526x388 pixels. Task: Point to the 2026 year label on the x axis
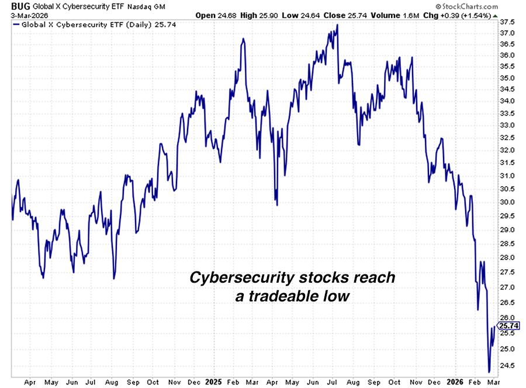pyautogui.click(x=454, y=382)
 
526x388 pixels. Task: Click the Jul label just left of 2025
pyautogui.click(x=91, y=382)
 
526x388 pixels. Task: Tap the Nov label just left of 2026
pyautogui.click(x=416, y=382)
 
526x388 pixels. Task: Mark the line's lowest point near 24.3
pyautogui.click(x=489, y=372)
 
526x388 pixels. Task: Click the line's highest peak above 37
pyautogui.click(x=337, y=25)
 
